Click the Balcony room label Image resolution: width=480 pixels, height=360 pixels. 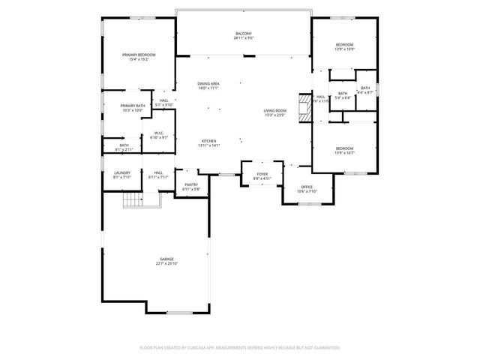243,36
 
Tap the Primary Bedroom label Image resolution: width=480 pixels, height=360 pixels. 139,57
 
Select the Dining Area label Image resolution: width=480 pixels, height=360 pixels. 208,85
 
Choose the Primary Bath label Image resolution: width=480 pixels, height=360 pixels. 132,108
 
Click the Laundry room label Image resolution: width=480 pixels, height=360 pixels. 122,175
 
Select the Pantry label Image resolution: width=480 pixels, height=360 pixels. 190,187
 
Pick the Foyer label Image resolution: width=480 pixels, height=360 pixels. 260,177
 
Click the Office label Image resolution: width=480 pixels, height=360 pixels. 307,189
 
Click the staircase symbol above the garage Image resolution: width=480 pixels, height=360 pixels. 132,200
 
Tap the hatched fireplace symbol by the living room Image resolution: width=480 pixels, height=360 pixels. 303,107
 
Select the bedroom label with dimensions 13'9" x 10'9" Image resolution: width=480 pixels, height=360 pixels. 344,47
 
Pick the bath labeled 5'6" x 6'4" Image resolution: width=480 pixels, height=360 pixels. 342,95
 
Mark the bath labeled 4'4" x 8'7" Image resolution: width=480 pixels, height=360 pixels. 365,90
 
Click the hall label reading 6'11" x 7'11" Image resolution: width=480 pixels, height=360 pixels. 159,175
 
